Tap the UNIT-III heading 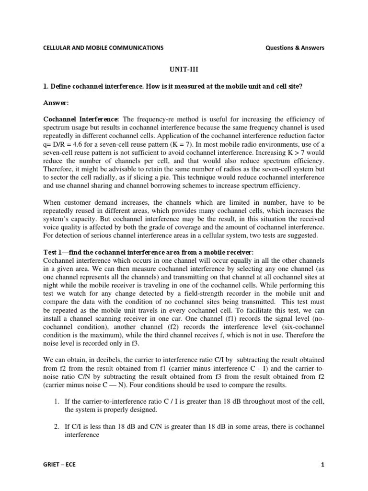(x=184, y=69)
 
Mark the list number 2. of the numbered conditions (x=56, y=426)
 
